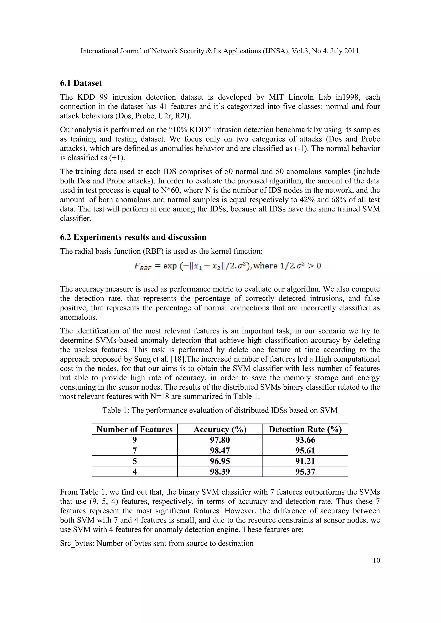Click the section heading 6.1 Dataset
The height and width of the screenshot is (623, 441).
[81, 83]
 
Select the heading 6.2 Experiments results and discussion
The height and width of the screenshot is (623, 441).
[133, 237]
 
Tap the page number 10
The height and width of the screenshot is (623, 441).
[376, 560]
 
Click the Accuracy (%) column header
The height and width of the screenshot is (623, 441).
[220, 429]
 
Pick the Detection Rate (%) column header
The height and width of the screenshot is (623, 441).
[305, 429]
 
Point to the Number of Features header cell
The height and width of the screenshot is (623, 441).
[134, 429]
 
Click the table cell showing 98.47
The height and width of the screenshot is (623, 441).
[220, 450]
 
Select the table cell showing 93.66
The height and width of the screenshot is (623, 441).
[305, 440]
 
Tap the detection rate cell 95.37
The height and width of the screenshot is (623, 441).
[305, 472]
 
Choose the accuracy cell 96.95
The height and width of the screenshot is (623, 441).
[220, 461]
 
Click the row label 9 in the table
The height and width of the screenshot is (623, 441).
[134, 440]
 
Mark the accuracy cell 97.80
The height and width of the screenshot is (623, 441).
[220, 440]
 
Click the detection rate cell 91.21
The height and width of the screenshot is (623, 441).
[305, 461]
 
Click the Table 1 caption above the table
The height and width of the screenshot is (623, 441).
[220, 410]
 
